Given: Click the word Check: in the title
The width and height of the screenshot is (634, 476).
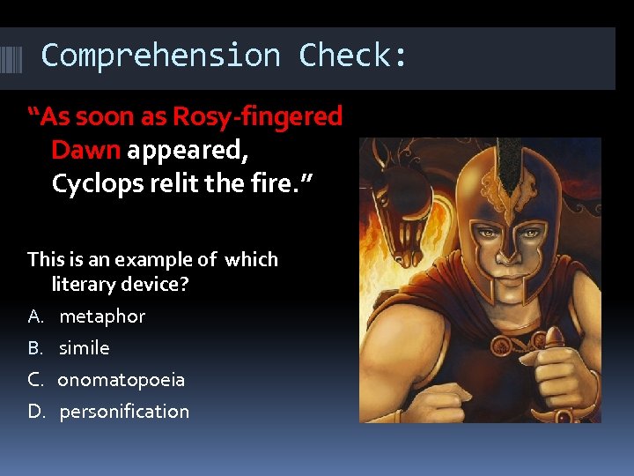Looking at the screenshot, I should pos(353,56).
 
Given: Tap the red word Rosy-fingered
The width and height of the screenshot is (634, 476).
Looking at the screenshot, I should pos(258,116).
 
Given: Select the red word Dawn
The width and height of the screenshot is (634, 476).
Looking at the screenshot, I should pos(85,150).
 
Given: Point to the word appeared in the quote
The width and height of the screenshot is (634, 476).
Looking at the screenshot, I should pos(187,150).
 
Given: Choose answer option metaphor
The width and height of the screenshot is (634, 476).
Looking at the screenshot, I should pos(101,316).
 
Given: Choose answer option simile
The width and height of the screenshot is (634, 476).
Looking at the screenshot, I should pos(84,347).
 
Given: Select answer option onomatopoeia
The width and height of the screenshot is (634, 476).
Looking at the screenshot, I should pos(122,379).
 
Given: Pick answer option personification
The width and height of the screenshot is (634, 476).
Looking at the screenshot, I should pos(123,411).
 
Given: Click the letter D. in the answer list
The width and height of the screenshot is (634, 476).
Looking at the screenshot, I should pos(35,411).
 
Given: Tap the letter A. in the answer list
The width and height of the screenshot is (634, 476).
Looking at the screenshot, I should pos(35,316).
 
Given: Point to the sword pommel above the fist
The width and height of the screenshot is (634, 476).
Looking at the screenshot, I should pos(554,336).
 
